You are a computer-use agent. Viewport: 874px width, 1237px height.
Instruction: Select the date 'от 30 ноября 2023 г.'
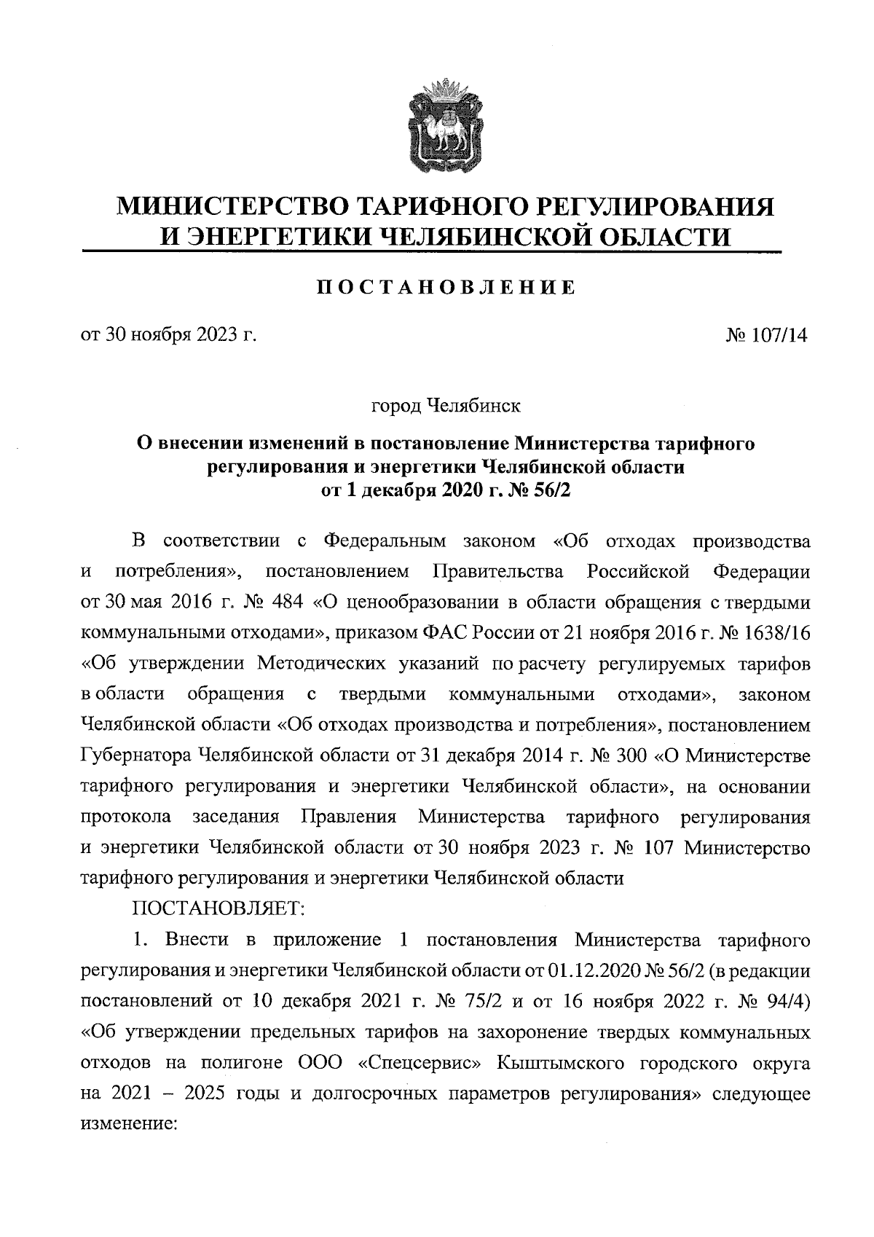tap(169, 335)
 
